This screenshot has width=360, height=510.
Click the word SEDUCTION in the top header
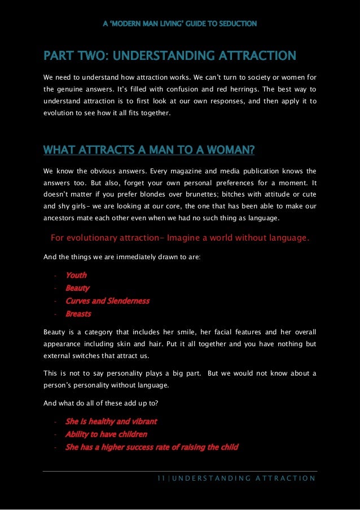click(238, 24)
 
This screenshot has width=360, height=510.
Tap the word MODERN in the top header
click(129, 24)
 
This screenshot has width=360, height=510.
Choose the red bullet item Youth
click(76, 276)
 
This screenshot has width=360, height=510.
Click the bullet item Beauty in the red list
click(77, 288)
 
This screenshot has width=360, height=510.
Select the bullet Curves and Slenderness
click(107, 301)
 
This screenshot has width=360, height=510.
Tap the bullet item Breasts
click(78, 314)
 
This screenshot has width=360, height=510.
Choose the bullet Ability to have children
click(106, 434)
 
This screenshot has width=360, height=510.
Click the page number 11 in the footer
click(160, 479)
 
